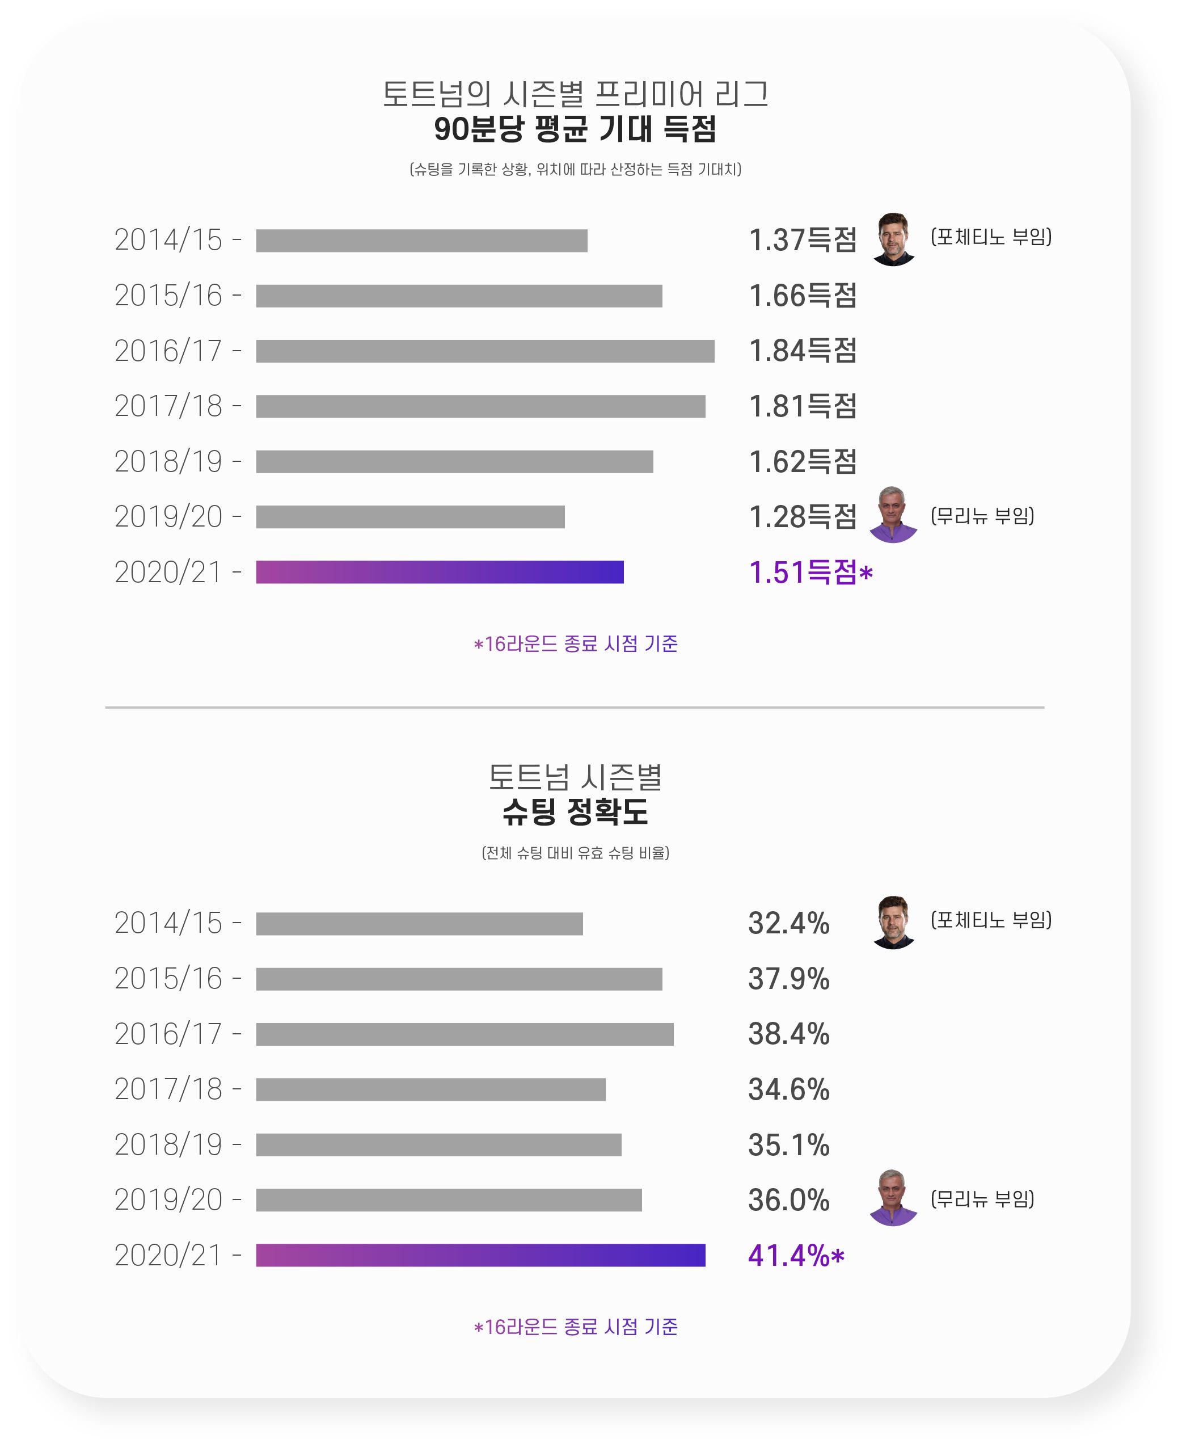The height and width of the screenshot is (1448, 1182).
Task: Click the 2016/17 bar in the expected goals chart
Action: click(x=485, y=351)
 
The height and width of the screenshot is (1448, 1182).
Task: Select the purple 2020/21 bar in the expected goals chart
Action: click(x=439, y=571)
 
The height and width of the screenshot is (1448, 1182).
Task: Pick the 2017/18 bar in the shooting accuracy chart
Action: click(x=430, y=1089)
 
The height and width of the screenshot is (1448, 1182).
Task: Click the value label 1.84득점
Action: click(x=802, y=351)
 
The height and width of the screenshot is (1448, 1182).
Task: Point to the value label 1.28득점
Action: click(x=802, y=516)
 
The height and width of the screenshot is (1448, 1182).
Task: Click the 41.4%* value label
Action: click(x=795, y=1255)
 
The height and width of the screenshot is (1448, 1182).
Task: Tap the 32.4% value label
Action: click(x=788, y=924)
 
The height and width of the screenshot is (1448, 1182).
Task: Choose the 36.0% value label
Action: click(x=788, y=1200)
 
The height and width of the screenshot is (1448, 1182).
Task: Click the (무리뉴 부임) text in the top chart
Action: click(x=982, y=516)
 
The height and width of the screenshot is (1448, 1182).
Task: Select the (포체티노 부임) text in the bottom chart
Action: click(x=991, y=920)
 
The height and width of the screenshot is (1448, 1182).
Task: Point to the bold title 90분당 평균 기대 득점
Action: click(x=575, y=129)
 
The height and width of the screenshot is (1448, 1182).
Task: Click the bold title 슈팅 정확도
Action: click(x=575, y=811)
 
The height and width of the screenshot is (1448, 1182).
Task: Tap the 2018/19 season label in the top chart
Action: click(x=168, y=462)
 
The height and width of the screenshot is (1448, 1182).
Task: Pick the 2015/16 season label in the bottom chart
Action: click(x=168, y=979)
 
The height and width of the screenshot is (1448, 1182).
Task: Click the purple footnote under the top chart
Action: click(x=575, y=643)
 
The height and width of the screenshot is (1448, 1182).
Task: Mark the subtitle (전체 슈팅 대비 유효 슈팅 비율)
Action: click(x=575, y=853)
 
